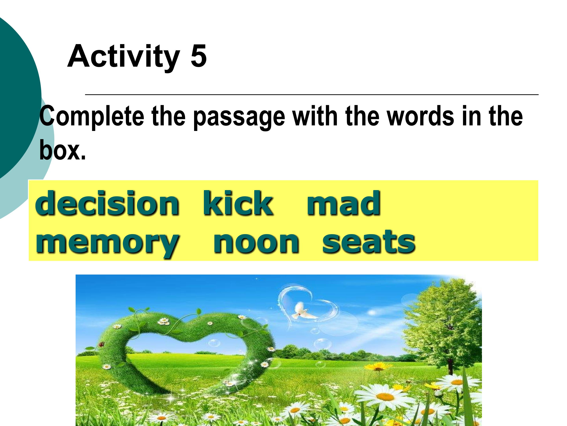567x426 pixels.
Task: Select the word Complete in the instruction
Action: pos(92,117)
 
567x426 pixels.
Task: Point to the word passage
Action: pos(239,118)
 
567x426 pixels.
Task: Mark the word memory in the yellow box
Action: pos(107,243)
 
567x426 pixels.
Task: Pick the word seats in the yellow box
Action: pos(368,241)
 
